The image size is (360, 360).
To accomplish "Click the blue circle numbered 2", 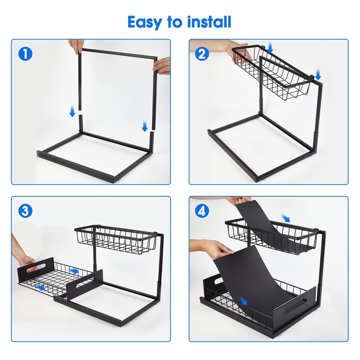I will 203,54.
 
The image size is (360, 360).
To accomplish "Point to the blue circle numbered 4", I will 203,210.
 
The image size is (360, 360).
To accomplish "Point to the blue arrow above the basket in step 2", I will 270,47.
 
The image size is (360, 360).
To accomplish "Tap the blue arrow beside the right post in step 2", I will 318,74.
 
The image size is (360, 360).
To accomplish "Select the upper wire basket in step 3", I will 117,240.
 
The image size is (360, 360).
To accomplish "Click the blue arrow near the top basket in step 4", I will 285,217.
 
